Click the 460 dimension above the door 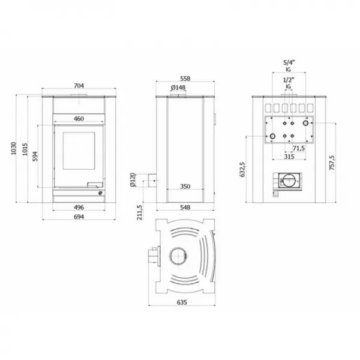click(79, 118)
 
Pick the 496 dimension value click(78, 207)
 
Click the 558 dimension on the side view click(185, 78)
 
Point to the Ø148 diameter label click(178, 88)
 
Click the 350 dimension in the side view click(185, 187)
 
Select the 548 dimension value click(185, 207)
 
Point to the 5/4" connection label click(289, 62)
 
